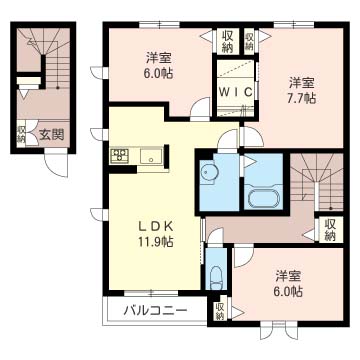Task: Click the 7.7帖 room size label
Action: pyautogui.click(x=304, y=98)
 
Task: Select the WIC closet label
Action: pyautogui.click(x=233, y=89)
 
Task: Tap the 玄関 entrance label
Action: pyautogui.click(x=51, y=132)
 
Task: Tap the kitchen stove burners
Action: pyautogui.click(x=121, y=155)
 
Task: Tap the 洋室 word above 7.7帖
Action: pyautogui.click(x=304, y=82)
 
